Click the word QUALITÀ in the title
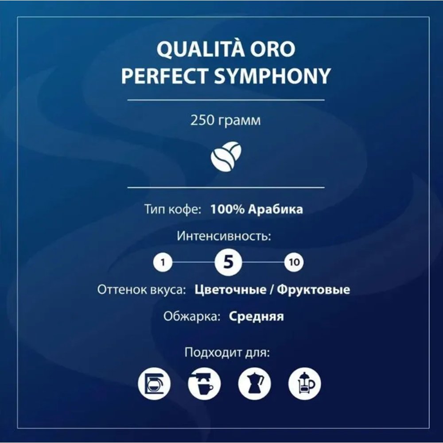click(x=200, y=49)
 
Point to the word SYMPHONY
click(x=272, y=76)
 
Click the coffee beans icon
click(x=226, y=156)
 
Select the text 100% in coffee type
click(x=227, y=210)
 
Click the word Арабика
click(x=276, y=210)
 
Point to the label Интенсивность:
click(x=224, y=236)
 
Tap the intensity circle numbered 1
click(x=163, y=262)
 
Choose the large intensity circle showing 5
click(x=228, y=262)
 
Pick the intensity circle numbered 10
click(x=294, y=262)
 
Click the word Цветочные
click(x=230, y=290)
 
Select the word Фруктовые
click(x=313, y=290)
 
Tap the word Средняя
click(x=256, y=317)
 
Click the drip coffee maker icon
click(x=154, y=384)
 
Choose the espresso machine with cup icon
click(x=204, y=384)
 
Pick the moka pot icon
click(x=254, y=384)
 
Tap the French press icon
click(x=305, y=384)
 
